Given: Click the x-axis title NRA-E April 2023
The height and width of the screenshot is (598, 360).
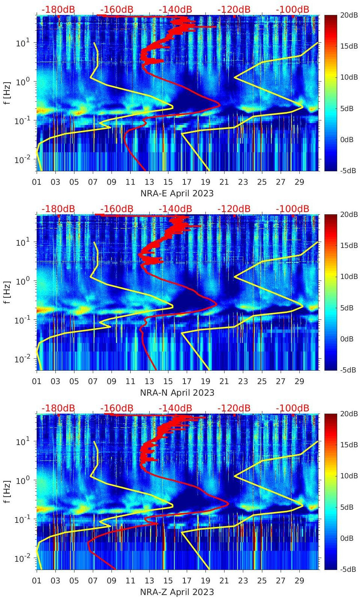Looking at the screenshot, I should click(x=177, y=193).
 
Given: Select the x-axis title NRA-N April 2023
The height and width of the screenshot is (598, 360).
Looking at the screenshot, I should click(x=177, y=393).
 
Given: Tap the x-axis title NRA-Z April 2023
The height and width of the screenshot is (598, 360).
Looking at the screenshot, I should click(x=177, y=592).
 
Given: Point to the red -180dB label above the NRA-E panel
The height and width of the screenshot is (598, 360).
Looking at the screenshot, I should click(x=58, y=9).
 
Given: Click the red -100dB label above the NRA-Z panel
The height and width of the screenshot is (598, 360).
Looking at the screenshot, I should click(x=293, y=408).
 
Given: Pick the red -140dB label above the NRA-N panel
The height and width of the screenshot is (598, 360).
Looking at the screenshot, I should click(x=175, y=209).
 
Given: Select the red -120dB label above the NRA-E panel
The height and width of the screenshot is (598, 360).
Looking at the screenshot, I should click(x=234, y=9).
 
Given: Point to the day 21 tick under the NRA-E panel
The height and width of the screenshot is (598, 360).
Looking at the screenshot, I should click(x=224, y=182).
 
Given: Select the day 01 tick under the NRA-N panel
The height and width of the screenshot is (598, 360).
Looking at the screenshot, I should click(x=37, y=381).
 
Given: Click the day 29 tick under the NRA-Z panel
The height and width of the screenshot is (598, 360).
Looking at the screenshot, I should click(x=299, y=581).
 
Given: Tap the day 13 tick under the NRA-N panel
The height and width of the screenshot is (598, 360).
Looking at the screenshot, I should click(x=149, y=381).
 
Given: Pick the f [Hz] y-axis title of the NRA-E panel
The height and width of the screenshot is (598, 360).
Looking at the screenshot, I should click(x=7, y=93).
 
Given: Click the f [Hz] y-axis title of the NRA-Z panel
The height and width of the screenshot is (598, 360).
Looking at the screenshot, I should click(x=7, y=491).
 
